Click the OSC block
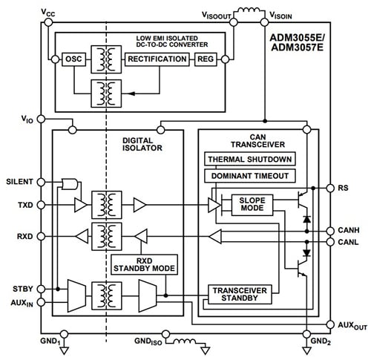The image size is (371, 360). click(73, 59)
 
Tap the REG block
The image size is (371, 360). click(206, 59)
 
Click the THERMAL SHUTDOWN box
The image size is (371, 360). click(249, 160)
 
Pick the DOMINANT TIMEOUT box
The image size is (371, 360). click(249, 176)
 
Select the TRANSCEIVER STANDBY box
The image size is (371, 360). click(238, 295)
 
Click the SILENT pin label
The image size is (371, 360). click(19, 182)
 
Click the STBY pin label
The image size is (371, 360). click(22, 289)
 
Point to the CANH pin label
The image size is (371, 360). click(348, 231)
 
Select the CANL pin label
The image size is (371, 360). click(348, 242)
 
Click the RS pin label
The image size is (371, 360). click(344, 189)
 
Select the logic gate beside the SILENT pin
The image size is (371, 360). click(70, 183)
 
